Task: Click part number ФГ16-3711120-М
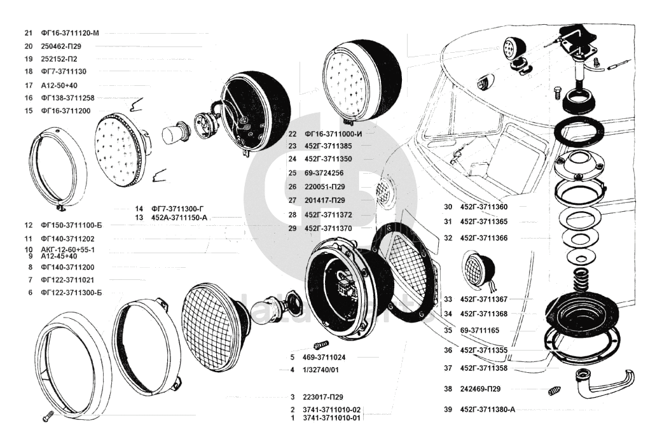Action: (x=70, y=33)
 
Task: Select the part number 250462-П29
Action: (x=61, y=46)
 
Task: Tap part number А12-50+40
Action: (x=59, y=85)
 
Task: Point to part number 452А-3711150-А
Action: (x=179, y=218)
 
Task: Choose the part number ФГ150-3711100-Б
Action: (x=71, y=225)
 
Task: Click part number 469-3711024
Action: (x=324, y=358)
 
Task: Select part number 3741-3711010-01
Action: (x=331, y=418)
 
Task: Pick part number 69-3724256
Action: (x=324, y=173)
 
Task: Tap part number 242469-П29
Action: (x=481, y=389)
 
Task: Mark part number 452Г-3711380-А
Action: (x=488, y=410)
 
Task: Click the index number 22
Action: (x=293, y=134)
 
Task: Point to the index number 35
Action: (x=448, y=330)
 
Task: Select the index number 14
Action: (x=139, y=209)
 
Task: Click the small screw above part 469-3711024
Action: (x=321, y=345)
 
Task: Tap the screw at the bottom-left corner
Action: (x=48, y=416)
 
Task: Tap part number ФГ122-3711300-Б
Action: (x=71, y=293)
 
